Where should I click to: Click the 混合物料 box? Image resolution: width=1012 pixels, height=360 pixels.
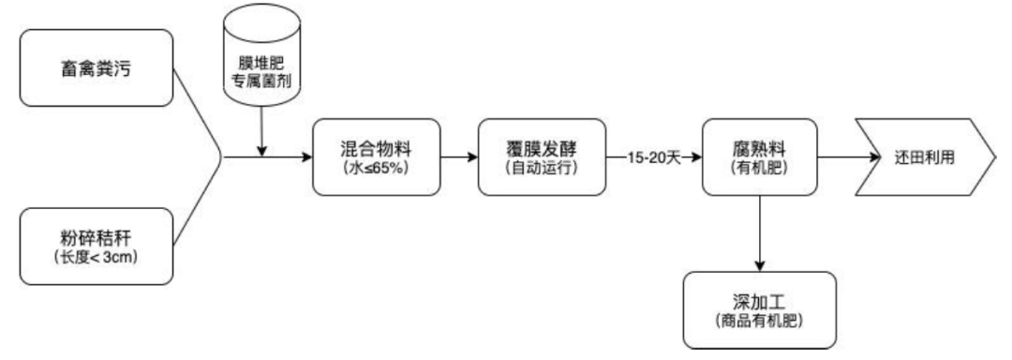(376, 157)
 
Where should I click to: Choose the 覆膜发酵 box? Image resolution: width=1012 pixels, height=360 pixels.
(542, 157)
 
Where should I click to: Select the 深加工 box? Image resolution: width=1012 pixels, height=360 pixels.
(759, 309)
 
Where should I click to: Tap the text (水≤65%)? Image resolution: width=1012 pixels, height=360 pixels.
(376, 171)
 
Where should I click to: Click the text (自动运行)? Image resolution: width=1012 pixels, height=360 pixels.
(542, 171)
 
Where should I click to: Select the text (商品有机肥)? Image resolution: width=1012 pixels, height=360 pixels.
(759, 322)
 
